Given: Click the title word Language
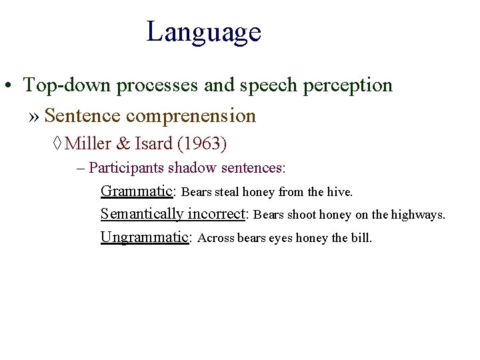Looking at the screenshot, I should coord(203,31).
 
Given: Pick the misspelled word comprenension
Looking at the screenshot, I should coord(191,116).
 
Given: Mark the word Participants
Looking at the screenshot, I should coord(124,167).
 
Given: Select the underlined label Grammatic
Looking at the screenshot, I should coord(137,191).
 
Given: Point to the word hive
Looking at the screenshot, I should coord(339,192).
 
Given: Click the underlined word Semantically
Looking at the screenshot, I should coord(142,214).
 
